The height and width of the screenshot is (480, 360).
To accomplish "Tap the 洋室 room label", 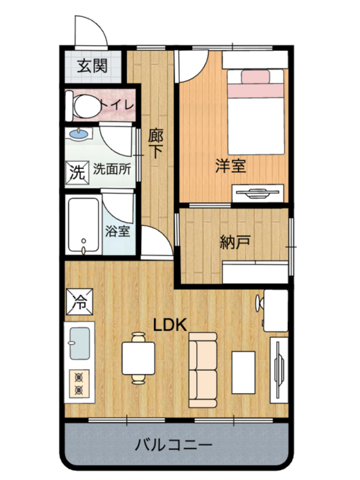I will [230, 166].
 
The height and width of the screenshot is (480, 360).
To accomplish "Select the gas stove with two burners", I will [79, 384].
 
